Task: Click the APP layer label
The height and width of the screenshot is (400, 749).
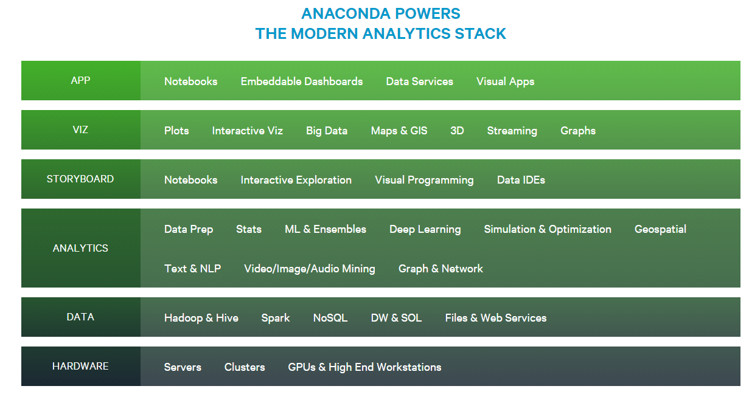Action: click(80, 80)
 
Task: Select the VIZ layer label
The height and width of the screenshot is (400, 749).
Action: click(80, 129)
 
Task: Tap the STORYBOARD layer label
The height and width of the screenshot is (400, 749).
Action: click(80, 179)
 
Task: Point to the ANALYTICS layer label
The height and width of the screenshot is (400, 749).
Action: click(80, 248)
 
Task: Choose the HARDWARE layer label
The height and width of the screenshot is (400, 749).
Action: click(80, 366)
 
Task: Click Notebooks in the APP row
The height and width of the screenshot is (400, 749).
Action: click(190, 81)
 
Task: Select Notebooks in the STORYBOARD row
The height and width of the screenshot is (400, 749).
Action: click(190, 180)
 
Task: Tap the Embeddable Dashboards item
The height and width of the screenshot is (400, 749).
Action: click(301, 81)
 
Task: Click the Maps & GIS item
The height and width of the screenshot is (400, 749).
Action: click(399, 131)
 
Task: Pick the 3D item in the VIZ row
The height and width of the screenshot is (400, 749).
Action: click(457, 131)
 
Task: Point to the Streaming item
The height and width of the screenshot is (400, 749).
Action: click(512, 131)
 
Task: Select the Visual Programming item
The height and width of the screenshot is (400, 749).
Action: click(424, 180)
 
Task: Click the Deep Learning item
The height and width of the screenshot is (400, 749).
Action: click(425, 229)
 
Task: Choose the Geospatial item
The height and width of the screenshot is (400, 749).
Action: click(660, 229)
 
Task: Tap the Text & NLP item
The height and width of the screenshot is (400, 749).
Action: click(192, 269)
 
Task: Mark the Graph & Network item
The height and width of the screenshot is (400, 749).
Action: click(441, 269)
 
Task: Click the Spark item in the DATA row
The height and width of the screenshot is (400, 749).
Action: click(276, 318)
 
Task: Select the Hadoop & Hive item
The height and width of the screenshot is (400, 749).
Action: click(201, 318)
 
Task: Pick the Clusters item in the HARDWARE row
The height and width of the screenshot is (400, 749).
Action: click(245, 367)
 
